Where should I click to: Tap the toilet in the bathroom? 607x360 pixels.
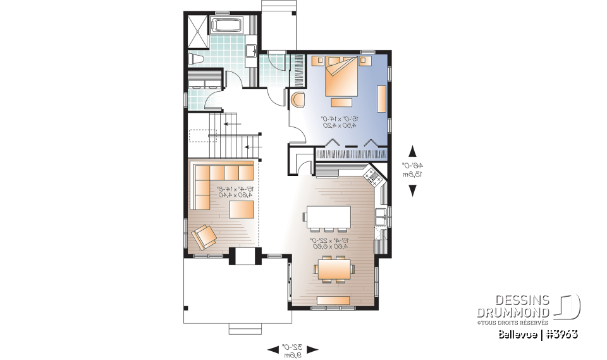pos(195,59)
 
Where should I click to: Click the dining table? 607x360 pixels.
pos(334,270)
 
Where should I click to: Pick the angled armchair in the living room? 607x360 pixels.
pos(204,237)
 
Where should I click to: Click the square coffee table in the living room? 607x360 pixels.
pos(242,209)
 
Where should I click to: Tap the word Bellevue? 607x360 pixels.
pos(518,333)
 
